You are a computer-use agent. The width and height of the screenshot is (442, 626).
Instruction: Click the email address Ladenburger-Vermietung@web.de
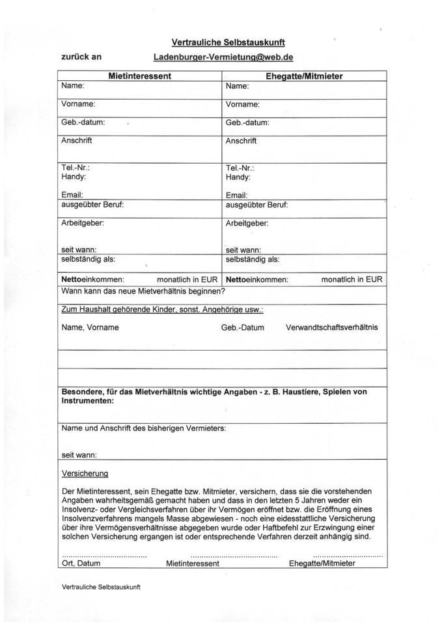click(223, 57)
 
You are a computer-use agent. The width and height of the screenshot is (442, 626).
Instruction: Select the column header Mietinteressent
click(139, 76)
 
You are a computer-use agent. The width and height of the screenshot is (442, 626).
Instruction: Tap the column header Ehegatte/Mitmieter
click(304, 76)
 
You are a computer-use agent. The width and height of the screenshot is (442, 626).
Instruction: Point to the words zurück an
click(81, 57)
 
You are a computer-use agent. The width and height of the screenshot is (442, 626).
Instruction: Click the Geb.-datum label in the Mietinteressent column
click(83, 122)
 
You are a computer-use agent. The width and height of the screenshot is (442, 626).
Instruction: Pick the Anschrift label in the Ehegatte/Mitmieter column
click(241, 141)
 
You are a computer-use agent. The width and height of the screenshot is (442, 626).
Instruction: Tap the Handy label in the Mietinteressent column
click(74, 177)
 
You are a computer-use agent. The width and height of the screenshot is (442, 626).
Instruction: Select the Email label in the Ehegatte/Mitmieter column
click(236, 195)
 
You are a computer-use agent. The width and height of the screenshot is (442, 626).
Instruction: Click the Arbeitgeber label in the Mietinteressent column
click(83, 223)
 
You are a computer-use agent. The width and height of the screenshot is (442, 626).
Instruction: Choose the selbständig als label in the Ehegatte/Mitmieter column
click(253, 260)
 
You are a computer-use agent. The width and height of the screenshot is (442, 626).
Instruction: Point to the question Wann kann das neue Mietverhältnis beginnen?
click(143, 291)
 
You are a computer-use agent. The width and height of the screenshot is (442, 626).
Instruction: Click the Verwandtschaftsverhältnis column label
click(331, 327)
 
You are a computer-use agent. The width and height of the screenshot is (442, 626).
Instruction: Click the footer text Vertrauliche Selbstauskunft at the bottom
click(101, 587)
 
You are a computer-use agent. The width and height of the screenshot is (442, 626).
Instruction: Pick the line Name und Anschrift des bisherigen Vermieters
click(143, 428)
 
